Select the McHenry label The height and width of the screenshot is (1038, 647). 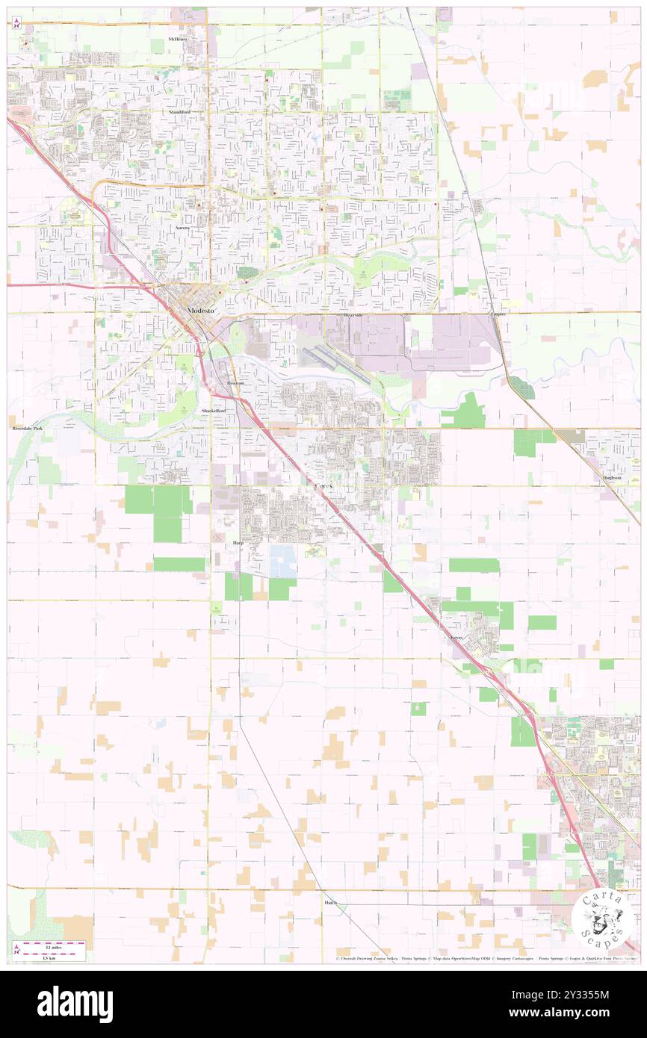coord(179,38)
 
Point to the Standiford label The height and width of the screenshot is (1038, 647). coord(179,112)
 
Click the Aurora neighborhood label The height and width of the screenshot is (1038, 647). coord(183,226)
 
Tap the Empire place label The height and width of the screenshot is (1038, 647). coord(498,314)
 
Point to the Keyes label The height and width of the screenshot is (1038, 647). coord(457,637)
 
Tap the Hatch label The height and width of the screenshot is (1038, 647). coord(331,902)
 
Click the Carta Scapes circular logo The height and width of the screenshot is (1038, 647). coord(603,919)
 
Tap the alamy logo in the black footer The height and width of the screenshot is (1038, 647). coord(75,1004)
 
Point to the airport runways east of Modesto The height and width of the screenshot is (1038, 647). coord(329,358)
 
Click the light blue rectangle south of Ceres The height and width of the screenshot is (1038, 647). coord(283,561)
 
